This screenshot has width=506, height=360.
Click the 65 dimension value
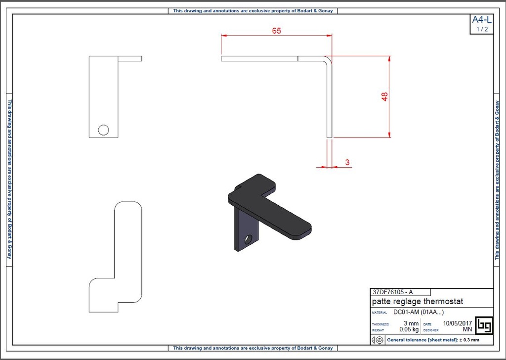(x=276, y=31)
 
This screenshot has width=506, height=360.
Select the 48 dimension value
(x=385, y=96)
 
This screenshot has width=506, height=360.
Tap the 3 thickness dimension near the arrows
(x=347, y=162)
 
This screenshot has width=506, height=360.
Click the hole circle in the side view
(x=103, y=130)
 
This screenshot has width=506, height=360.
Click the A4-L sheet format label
(x=482, y=20)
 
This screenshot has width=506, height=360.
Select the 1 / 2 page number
(x=482, y=29)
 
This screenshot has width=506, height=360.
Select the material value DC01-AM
(x=405, y=312)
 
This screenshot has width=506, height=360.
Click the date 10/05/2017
(x=458, y=323)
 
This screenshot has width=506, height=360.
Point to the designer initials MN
(x=467, y=329)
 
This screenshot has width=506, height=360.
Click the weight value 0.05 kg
(x=409, y=329)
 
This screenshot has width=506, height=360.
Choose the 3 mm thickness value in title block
(x=411, y=323)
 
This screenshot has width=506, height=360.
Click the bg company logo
(x=483, y=325)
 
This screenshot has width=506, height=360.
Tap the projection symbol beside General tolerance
(x=377, y=340)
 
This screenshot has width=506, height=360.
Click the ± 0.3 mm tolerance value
(x=469, y=340)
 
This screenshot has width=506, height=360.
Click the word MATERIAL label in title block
(x=379, y=313)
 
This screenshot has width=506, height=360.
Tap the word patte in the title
(x=381, y=301)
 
